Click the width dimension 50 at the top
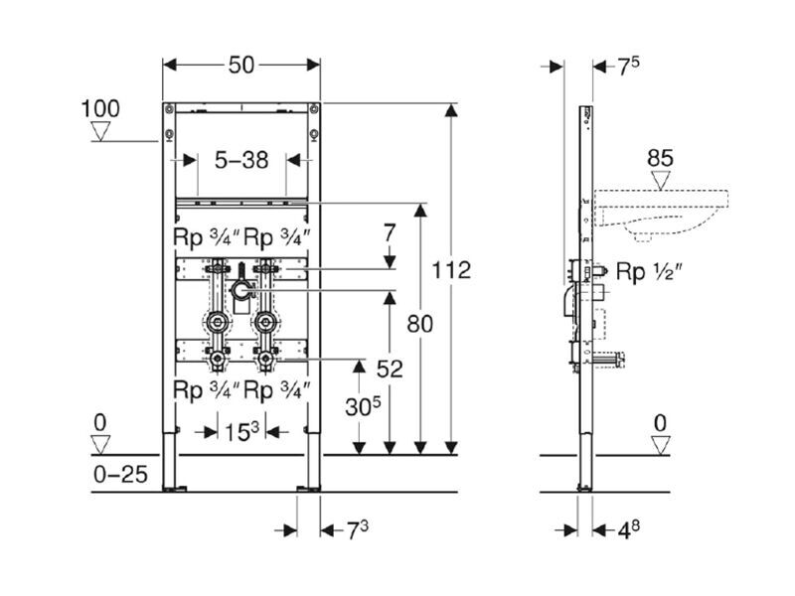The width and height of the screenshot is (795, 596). tap(241, 65)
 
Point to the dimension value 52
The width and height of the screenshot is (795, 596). tap(390, 369)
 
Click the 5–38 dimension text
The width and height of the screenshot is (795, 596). tap(241, 159)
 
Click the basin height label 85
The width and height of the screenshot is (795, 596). tap(661, 157)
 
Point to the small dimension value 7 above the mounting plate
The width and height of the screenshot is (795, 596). tap(390, 234)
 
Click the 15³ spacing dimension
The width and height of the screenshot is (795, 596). tap(240, 432)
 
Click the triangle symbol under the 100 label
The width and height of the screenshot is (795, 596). tap(100, 131)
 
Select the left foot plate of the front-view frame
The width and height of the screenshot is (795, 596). tap(176, 488)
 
